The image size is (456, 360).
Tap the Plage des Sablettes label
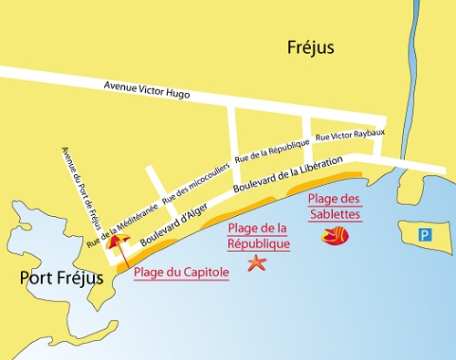(334, 207)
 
